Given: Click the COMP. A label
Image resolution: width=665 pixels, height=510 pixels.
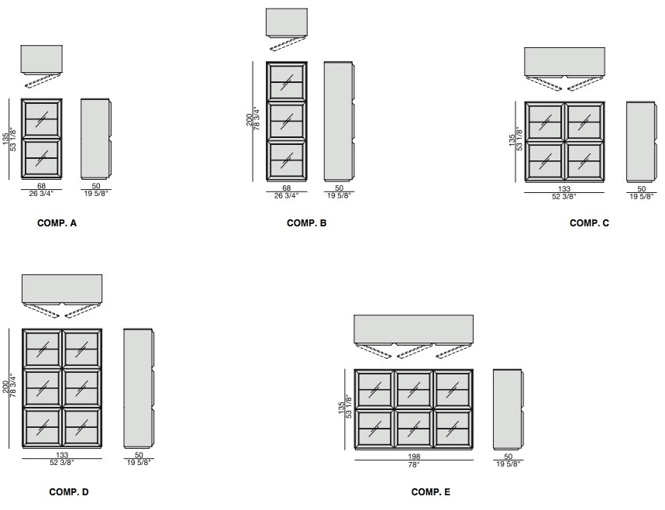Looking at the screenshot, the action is (x=57, y=223).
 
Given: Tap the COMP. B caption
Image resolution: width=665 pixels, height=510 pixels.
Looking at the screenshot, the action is (x=307, y=223).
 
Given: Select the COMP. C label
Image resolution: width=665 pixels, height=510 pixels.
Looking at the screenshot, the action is (x=589, y=223).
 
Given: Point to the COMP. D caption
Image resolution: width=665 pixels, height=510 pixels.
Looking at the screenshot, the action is (x=69, y=492).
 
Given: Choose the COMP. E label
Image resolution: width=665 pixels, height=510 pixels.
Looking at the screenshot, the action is (x=430, y=492).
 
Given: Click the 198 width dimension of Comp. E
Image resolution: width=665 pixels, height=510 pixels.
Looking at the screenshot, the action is (x=414, y=457).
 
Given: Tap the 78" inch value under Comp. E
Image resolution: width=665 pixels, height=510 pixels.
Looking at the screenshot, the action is (x=414, y=465).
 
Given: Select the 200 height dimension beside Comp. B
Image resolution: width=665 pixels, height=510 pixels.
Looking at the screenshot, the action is (x=249, y=119).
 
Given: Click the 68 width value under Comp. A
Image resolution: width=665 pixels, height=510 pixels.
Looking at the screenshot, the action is (x=41, y=186).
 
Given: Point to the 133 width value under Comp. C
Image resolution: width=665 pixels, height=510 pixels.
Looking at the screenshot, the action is (x=564, y=189).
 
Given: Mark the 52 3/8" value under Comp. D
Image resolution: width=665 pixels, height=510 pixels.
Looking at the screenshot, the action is (x=62, y=463).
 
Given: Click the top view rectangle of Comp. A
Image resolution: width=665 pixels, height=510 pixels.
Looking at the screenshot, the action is (x=42, y=60).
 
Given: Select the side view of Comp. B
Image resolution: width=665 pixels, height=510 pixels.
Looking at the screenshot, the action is (x=339, y=121).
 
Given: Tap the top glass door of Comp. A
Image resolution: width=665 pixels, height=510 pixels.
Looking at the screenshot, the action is (x=42, y=119).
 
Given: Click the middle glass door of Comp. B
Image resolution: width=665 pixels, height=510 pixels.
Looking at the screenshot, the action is (x=287, y=121).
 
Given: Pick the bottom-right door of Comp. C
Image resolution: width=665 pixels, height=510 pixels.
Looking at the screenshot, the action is (x=584, y=162).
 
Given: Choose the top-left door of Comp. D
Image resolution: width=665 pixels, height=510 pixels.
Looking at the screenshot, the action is (x=43, y=348).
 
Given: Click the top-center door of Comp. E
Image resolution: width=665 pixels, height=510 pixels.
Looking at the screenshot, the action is (x=414, y=389).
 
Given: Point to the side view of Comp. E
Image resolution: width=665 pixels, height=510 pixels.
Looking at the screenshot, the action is (x=508, y=409).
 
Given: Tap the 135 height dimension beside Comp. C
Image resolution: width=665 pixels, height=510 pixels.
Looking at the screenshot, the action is (x=512, y=141).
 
